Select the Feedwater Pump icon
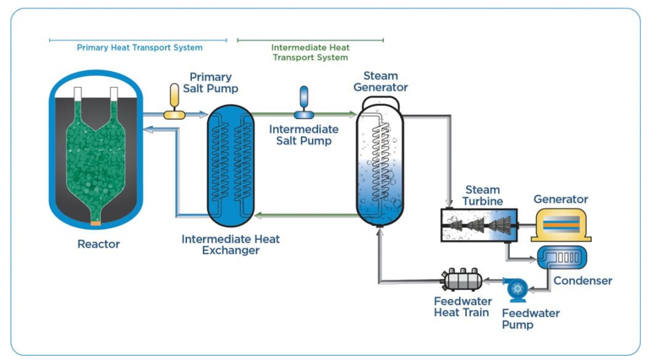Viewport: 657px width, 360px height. click(516, 289)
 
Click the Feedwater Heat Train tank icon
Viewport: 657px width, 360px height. click(462, 280)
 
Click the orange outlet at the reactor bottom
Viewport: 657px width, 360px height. click(95, 223)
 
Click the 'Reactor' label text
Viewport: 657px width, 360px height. click(98, 244)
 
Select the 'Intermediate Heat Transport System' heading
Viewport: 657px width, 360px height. click(310, 52)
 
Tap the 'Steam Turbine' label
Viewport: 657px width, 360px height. click(483, 196)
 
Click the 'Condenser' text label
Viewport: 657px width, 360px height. click(582, 281)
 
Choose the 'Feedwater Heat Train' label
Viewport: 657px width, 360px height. click(462, 306)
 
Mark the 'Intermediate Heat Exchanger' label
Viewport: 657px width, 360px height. click(231, 244)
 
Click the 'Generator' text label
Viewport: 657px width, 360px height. click(561, 199)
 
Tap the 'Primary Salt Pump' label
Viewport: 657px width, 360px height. click(211, 83)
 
